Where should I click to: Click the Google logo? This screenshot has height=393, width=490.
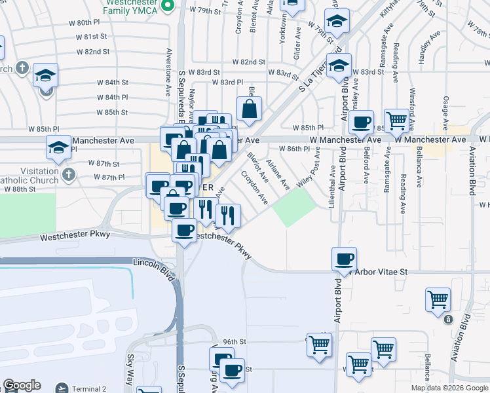coord(22,385)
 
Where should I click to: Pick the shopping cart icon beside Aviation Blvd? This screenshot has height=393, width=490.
coord(438,299)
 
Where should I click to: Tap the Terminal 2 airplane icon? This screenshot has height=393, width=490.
coord(62,388)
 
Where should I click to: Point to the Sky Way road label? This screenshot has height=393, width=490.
coord(130,369)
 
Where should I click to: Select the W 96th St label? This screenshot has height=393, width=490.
coord(234,342)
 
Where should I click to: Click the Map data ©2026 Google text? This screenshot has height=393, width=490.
coord(449,388)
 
